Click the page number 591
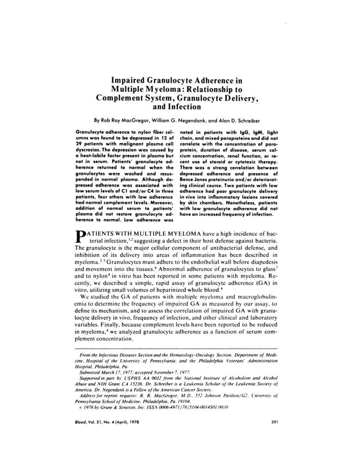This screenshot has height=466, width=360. (x=275, y=422)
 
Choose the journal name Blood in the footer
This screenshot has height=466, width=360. (x=80, y=422)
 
